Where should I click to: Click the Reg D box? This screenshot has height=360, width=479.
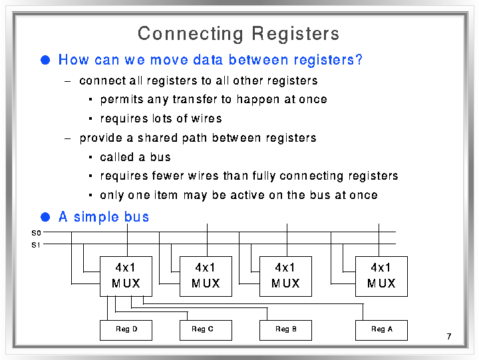pyautogui.click(x=126, y=330)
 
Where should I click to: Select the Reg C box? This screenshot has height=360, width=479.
pyautogui.click(x=206, y=330)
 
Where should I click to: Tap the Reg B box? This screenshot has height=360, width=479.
pyautogui.click(x=285, y=330)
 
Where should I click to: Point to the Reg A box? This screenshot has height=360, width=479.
pyautogui.click(x=381, y=330)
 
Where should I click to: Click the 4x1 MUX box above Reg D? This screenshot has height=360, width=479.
pyautogui.click(x=126, y=276)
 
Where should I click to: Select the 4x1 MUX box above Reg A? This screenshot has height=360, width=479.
pyautogui.click(x=381, y=276)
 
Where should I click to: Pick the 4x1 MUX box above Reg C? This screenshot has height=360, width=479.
pyautogui.click(x=206, y=276)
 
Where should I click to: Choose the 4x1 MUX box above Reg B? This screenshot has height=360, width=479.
pyautogui.click(x=285, y=276)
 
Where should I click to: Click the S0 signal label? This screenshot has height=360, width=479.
pyautogui.click(x=36, y=233)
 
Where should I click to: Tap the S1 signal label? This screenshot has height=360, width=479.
pyautogui.click(x=36, y=245)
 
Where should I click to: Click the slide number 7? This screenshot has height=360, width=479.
pyautogui.click(x=449, y=337)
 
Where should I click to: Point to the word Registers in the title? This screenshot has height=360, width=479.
pyautogui.click(x=295, y=33)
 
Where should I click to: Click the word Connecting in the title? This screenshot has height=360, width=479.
pyautogui.click(x=191, y=34)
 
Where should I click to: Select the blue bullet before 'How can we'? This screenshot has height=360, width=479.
pyautogui.click(x=45, y=60)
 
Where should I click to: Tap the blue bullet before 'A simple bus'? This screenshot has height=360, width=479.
pyautogui.click(x=45, y=217)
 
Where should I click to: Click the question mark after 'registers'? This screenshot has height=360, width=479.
pyautogui.click(x=359, y=59)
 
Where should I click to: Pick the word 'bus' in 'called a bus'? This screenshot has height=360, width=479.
pyautogui.click(x=160, y=157)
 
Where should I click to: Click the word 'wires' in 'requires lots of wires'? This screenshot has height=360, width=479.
pyautogui.click(x=206, y=118)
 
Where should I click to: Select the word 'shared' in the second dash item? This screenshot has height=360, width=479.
pyautogui.click(x=157, y=138)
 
